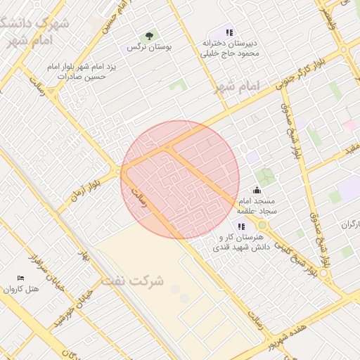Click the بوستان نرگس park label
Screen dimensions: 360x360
pyautogui.click(x=150, y=47)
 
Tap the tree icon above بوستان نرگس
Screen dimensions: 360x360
pyautogui.click(x=149, y=36)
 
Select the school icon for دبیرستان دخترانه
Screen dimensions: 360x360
pyautogui.click(x=229, y=32)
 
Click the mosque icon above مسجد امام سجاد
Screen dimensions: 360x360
pyautogui.click(x=257, y=189)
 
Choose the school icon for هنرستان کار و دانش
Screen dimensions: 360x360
pyautogui.click(x=241, y=226)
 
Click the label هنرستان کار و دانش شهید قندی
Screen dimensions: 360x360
pyautogui.click(x=243, y=243)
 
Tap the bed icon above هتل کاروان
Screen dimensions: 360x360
pyautogui.click(x=20, y=278)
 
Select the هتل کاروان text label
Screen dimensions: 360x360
pyautogui.click(x=20, y=289)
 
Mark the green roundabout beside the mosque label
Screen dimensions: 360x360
pyautogui.click(x=262, y=224)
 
